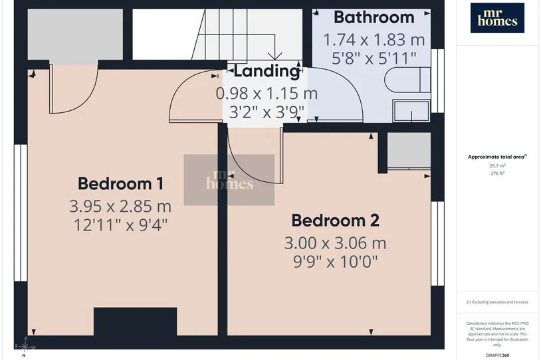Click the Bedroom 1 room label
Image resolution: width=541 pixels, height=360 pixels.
tap(120, 183)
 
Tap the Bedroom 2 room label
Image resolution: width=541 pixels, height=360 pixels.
tap(336, 221)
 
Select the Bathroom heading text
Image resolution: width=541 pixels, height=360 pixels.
tap(374, 17)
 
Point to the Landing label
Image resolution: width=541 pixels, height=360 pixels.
tap(267, 71)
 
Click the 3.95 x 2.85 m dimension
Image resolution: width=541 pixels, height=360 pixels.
tap(120, 206)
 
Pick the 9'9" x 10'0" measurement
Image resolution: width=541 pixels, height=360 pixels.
tap(336, 262)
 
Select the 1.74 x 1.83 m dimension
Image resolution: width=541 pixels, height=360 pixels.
tap(374, 40)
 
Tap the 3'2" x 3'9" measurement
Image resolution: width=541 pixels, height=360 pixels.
tap(267, 112)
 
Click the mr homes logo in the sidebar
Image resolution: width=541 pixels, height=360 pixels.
tap(497, 18)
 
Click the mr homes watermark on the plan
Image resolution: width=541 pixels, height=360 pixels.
tap(229, 180)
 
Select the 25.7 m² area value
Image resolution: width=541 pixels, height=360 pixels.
tap(497, 165)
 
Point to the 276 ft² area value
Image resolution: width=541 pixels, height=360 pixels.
tap(497, 173)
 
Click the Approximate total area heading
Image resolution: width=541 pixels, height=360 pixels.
tap(497, 157)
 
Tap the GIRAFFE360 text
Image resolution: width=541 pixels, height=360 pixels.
tap(497, 355)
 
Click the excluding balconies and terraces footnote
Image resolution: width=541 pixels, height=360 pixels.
tap(497, 302)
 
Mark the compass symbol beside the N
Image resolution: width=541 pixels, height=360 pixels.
tap(24, 346)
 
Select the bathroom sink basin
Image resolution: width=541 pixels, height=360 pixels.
tap(411, 111)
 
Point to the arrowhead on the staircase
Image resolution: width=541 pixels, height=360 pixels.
tap(274, 56)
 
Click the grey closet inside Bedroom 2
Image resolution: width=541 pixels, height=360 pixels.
tap(409, 150)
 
